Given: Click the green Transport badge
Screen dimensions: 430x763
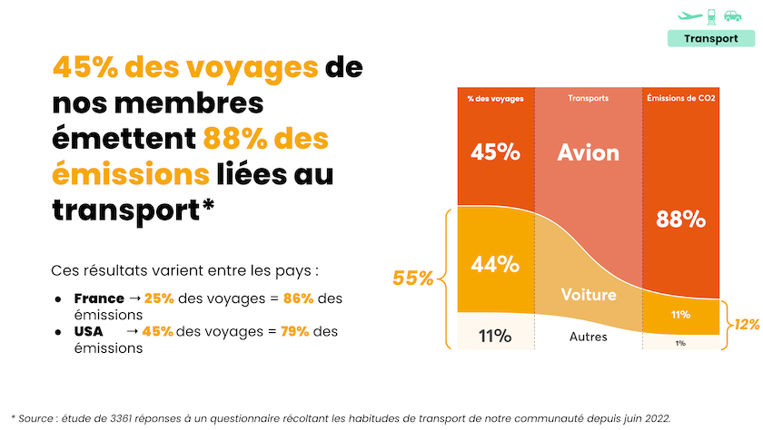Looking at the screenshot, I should [710, 39].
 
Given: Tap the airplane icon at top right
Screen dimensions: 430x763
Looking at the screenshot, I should [689, 15].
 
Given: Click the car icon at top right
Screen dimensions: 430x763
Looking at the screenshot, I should [732, 15].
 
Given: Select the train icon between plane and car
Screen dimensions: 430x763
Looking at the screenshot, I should [711, 15].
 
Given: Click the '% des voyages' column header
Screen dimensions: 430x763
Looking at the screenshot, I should [495, 98].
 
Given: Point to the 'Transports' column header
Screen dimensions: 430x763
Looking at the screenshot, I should [588, 98].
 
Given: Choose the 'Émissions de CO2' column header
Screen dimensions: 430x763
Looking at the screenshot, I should [680, 98].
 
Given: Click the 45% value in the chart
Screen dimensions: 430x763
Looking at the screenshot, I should [495, 151].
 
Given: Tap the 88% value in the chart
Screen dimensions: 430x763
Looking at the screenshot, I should [680, 219].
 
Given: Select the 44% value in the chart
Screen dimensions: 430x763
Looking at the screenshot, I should [495, 264].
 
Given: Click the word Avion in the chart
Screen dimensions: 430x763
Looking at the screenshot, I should [588, 151].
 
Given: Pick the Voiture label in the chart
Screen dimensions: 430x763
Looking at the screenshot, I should [588, 295].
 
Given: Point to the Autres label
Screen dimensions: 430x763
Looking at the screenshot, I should [588, 337].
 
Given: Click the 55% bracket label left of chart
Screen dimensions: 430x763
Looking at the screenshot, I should [412, 279].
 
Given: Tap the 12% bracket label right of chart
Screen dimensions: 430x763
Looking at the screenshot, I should [747, 324].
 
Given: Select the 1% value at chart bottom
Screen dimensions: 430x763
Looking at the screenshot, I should [680, 343].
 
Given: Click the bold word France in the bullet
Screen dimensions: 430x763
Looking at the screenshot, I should [99, 298].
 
